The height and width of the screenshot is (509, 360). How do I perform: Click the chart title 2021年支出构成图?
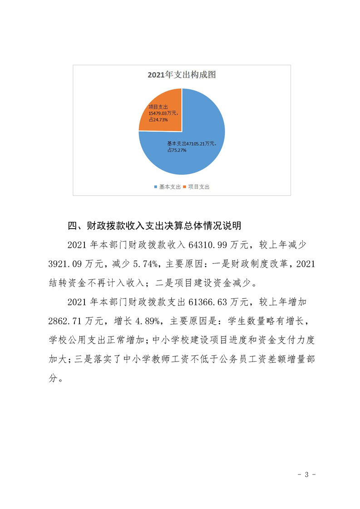coord(182,75)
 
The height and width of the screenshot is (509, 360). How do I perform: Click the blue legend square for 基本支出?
coord(156,186)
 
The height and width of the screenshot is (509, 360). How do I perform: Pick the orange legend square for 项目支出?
coord(185,186)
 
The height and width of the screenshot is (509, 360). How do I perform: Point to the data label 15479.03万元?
coord(164,113)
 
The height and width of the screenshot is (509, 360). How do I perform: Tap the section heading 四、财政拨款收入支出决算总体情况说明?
coord(154,225)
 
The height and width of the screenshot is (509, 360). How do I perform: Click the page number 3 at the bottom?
coord(306,475)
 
